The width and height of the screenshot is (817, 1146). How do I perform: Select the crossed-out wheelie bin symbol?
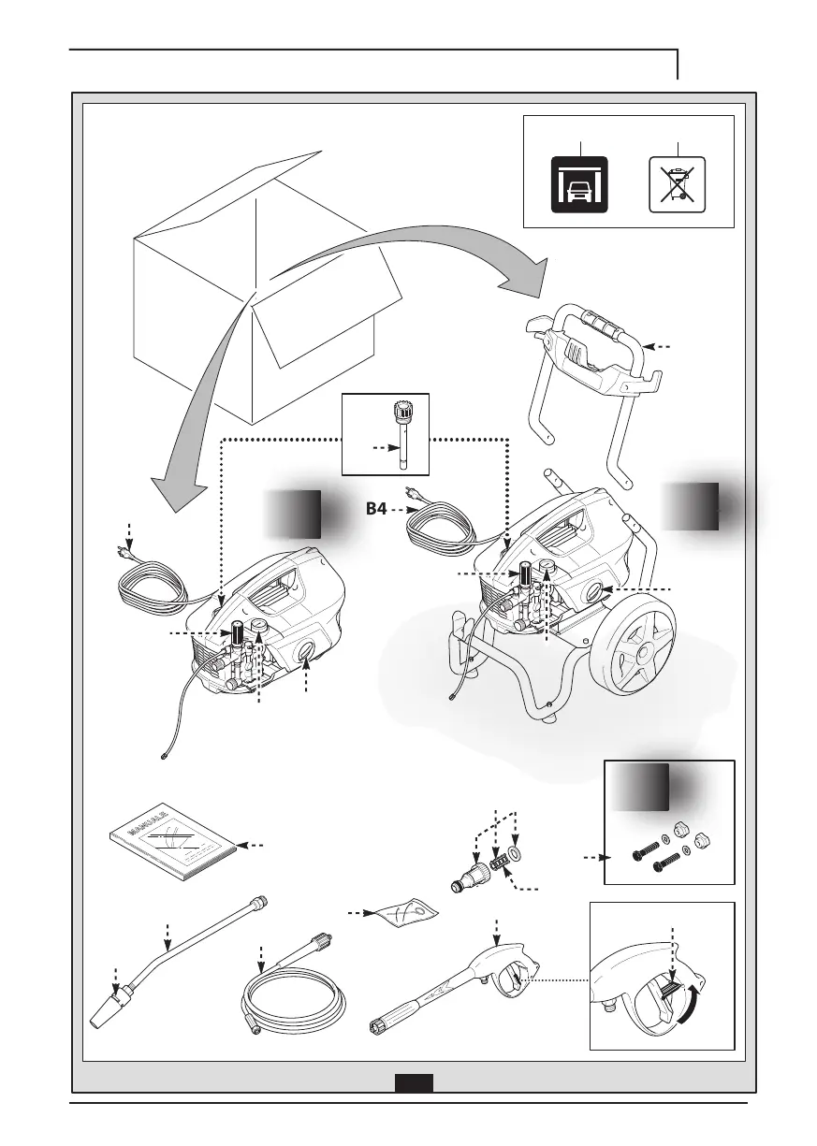point(677,185)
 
